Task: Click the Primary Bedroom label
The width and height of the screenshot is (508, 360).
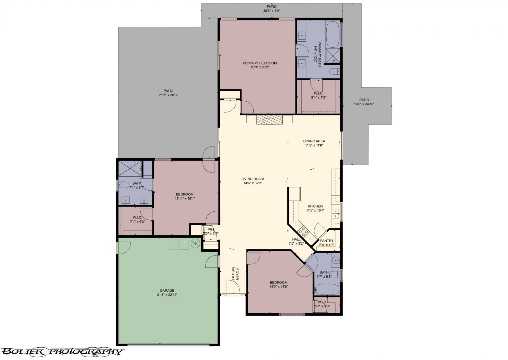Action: coord(260,63)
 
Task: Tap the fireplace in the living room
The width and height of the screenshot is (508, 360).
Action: coord(269,120)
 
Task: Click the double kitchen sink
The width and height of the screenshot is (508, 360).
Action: coord(336,214)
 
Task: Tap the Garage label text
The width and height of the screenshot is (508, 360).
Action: coord(167,290)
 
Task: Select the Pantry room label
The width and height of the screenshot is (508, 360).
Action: coord(327,241)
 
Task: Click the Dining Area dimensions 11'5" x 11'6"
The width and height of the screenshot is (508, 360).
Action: coord(314,145)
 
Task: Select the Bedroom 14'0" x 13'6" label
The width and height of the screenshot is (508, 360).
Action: coord(278,282)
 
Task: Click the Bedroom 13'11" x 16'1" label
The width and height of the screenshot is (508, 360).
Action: coord(184,194)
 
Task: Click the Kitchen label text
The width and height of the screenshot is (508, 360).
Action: coord(315,206)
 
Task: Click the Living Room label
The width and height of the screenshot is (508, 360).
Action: coord(252,179)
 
